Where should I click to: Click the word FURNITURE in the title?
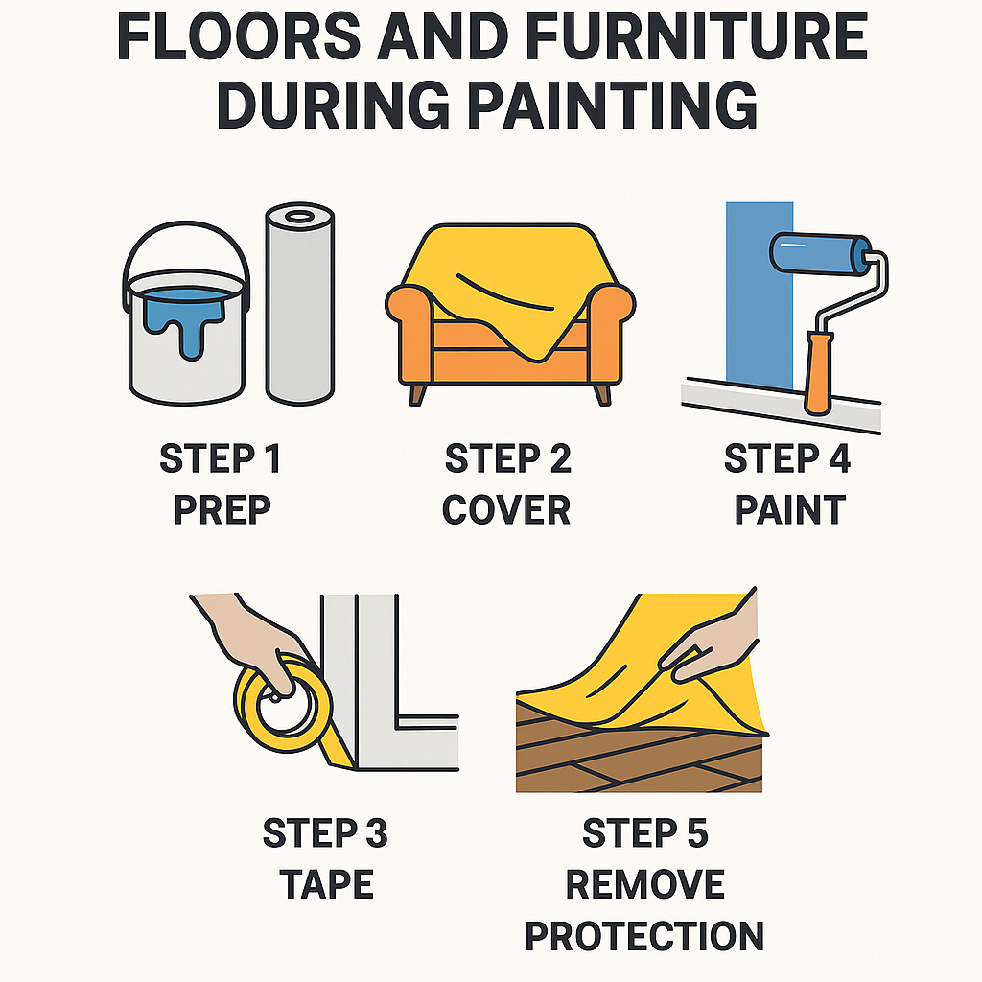click(696, 36)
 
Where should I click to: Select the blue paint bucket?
click(187, 314)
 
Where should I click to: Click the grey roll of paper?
click(300, 303)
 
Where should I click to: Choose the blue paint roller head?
click(820, 253)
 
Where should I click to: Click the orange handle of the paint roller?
click(817, 373)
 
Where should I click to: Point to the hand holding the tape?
click(250, 639)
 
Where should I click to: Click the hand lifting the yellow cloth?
click(713, 645)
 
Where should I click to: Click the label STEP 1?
click(220, 458)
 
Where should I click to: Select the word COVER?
click(506, 510)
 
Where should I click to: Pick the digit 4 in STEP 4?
click(839, 458)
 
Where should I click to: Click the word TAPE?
click(326, 884)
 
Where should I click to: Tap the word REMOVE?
click(645, 884)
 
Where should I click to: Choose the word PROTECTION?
click(644, 936)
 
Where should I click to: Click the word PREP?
click(222, 510)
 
